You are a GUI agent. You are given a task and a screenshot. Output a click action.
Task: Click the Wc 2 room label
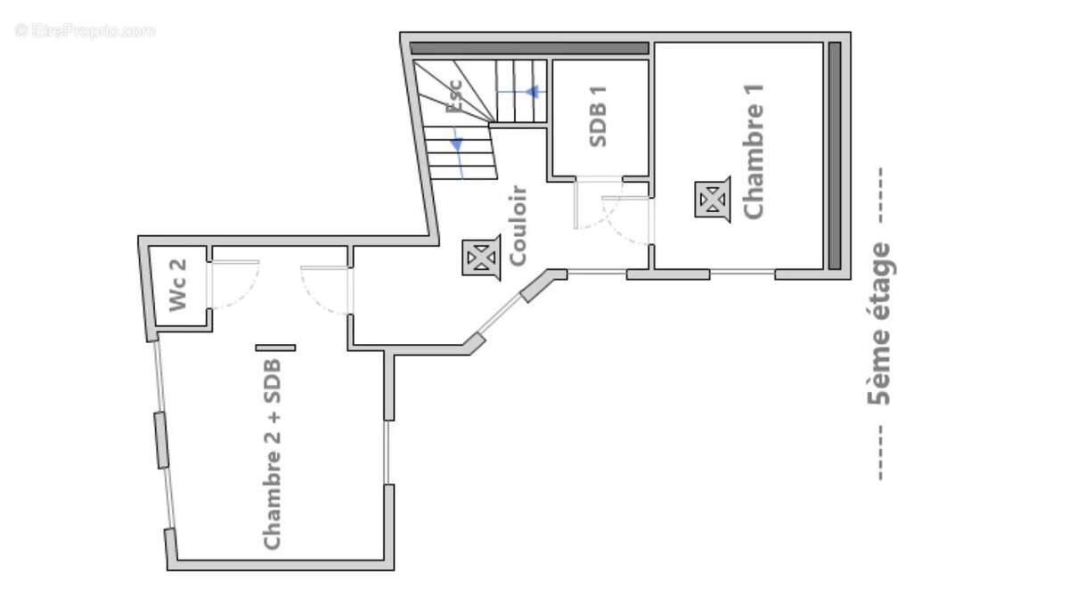tap(178, 285)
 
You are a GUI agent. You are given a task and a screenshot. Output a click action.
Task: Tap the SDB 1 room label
tap(599, 116)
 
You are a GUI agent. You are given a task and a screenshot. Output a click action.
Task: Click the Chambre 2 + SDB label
tap(273, 454)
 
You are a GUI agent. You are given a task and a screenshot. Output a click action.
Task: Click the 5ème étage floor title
tap(879, 323)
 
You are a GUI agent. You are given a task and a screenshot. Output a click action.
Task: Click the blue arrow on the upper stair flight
tap(533, 91)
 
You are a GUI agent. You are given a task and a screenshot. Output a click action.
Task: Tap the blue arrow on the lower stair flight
tap(456, 143)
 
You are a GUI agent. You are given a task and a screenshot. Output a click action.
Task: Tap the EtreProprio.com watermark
tap(85, 30)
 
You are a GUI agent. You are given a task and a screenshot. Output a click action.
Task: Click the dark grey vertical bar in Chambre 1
tap(835, 155)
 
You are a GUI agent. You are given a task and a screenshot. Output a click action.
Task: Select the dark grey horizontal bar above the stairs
tap(528, 48)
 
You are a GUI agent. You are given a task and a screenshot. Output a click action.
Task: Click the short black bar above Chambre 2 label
tap(275, 348)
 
